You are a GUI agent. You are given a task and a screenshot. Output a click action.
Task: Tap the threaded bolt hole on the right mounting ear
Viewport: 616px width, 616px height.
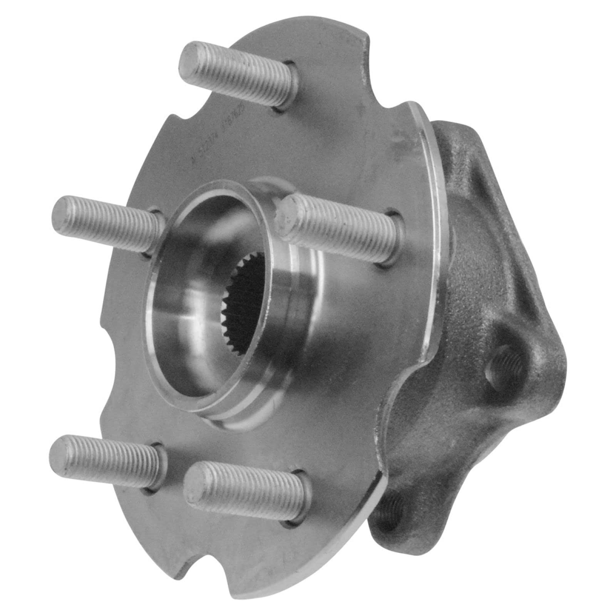[x=503, y=362]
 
